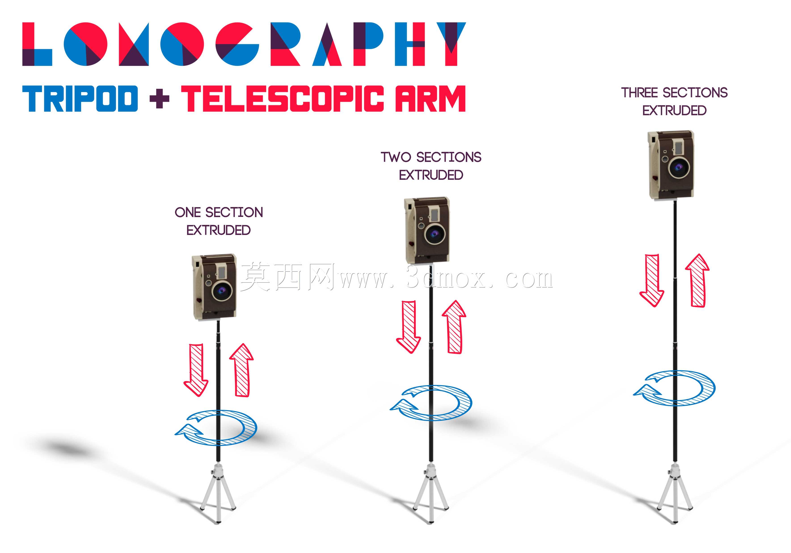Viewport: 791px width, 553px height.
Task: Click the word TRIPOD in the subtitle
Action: (80, 98)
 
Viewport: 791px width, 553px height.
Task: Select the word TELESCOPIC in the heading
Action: (283, 98)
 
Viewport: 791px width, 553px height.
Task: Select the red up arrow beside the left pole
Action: (242, 370)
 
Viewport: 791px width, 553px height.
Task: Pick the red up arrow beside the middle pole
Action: (454, 327)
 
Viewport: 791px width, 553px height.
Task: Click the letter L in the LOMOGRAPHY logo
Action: (37, 44)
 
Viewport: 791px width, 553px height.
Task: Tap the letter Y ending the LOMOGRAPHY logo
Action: (451, 44)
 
